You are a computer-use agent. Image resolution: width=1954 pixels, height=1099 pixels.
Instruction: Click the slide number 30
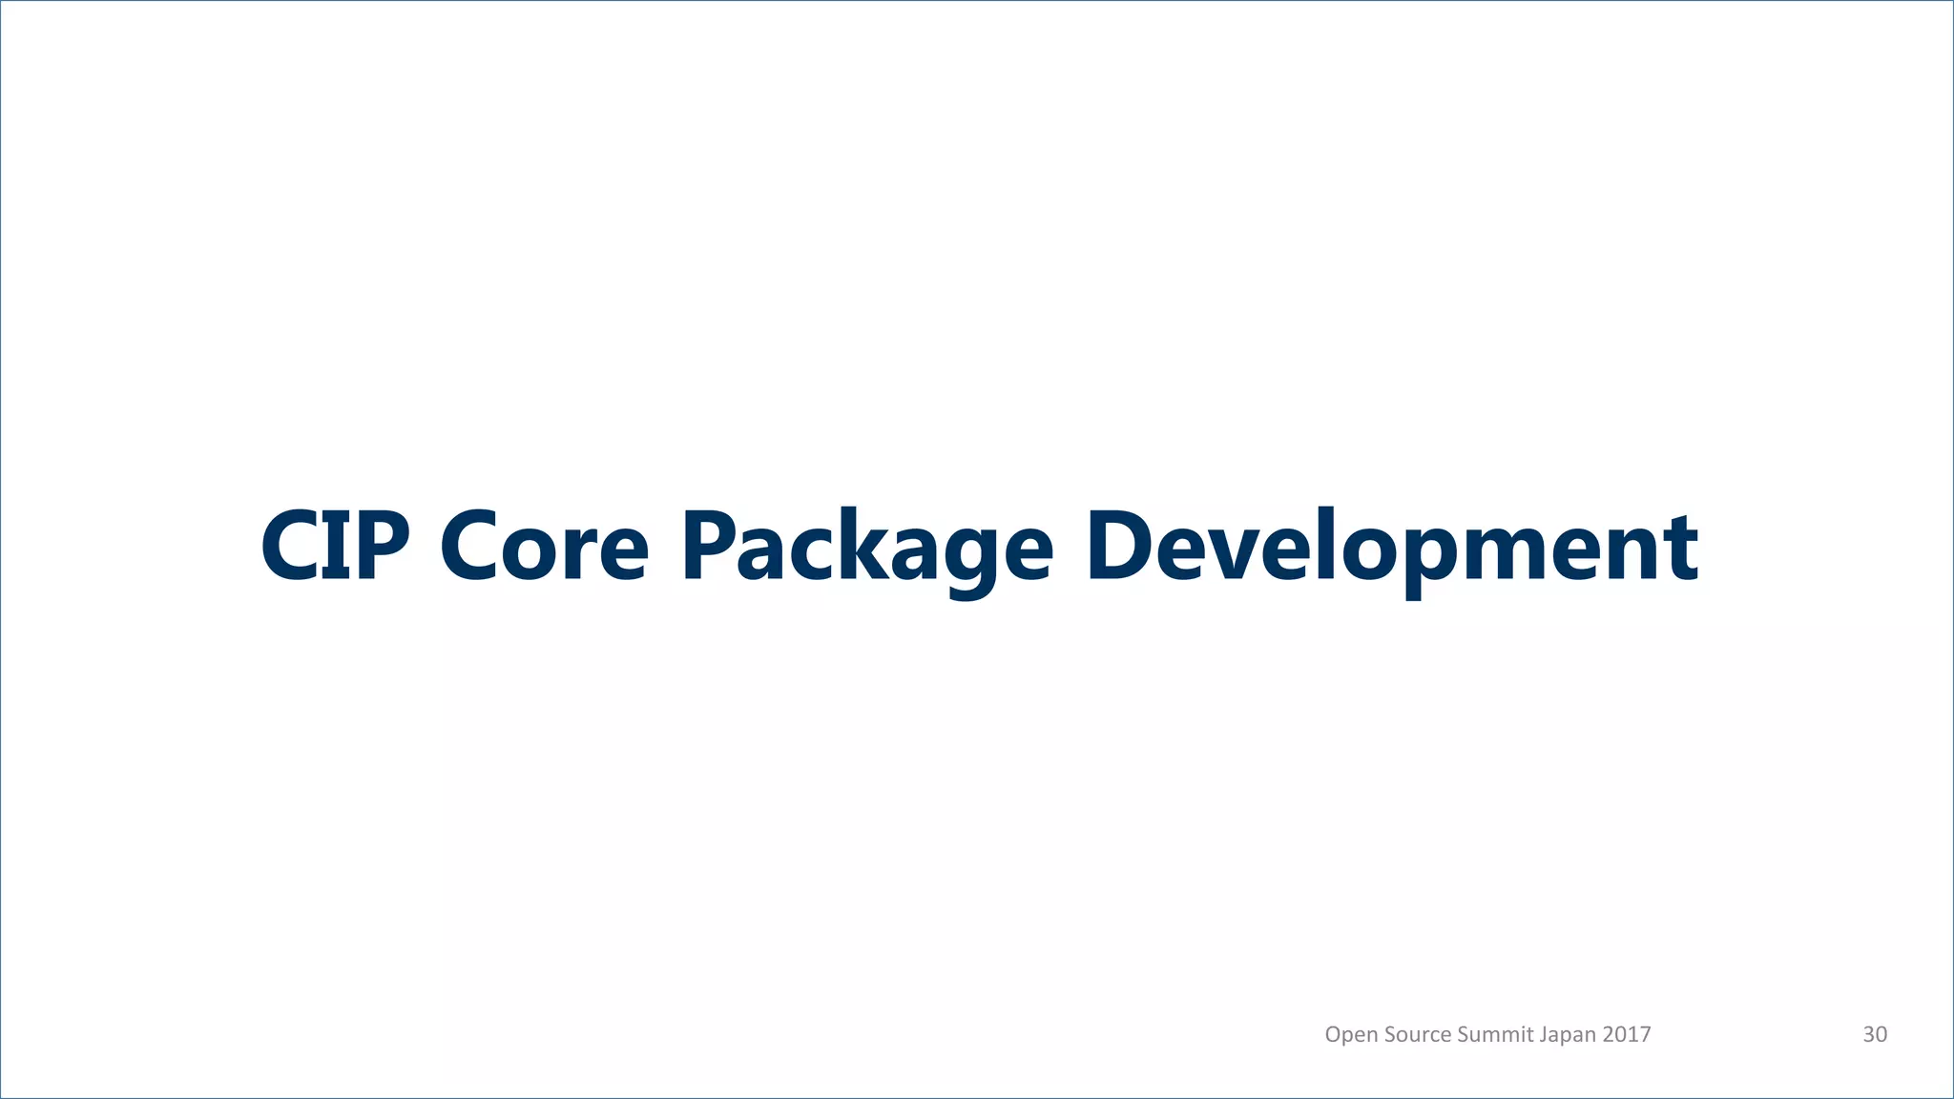pos(1875,1034)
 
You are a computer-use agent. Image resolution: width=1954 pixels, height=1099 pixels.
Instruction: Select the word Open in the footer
pos(1351,1035)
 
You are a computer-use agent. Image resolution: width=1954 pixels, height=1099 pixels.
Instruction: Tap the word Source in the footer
pos(1418,1034)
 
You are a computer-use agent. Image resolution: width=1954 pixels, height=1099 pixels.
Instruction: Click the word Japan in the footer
pos(1568,1035)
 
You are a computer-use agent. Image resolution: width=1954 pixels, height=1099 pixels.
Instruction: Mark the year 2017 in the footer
pos(1627,1034)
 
